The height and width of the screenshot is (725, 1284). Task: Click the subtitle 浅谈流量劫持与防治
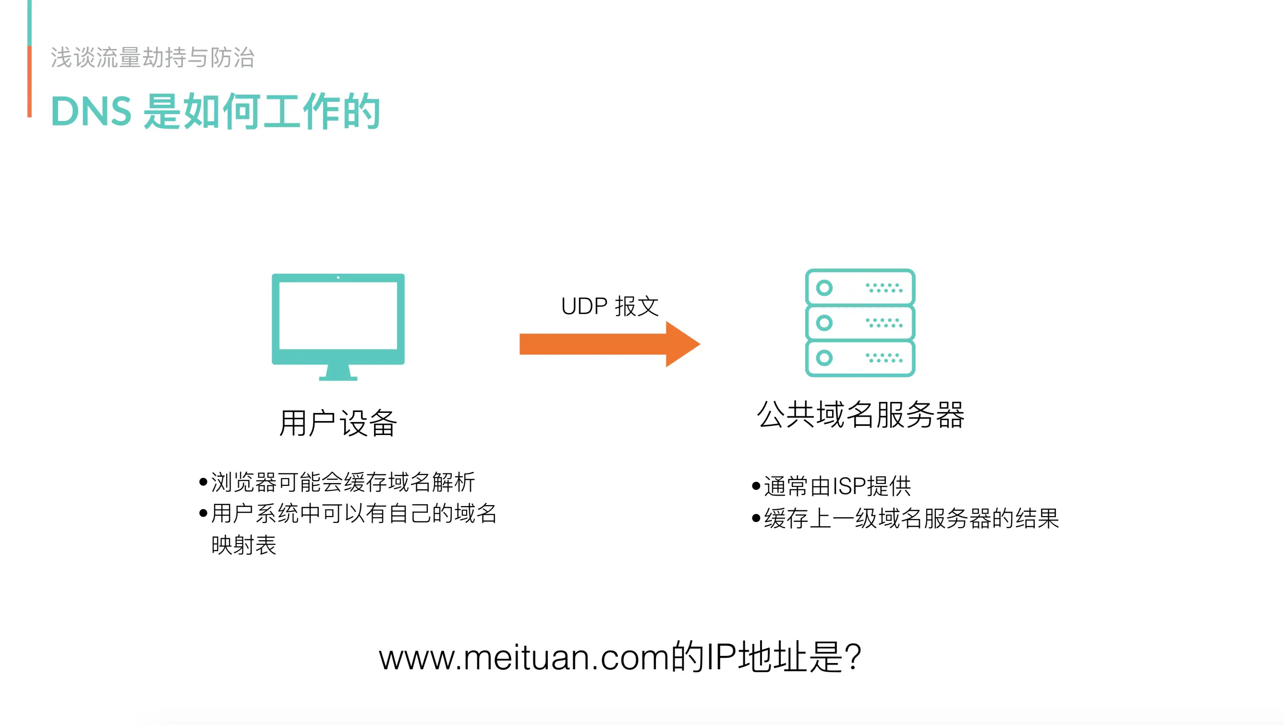coord(153,57)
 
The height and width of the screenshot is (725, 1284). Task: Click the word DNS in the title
coord(91,111)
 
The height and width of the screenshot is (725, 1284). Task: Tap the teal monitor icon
coord(338,319)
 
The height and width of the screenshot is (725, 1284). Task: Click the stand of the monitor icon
coord(338,373)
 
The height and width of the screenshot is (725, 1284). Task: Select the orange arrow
coord(608,344)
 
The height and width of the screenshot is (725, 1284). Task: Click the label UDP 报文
coord(610,306)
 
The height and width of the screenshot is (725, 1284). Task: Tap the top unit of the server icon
coord(860,288)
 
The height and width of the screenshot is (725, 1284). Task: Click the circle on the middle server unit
coord(824,323)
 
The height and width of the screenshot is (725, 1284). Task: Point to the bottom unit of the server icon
coord(860,358)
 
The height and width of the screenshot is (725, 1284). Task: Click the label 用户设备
coord(338,423)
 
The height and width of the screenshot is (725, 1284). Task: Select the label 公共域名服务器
coord(860,414)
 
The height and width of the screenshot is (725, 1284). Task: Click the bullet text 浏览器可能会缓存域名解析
coord(343,482)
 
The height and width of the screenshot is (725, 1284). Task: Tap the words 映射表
coord(244,544)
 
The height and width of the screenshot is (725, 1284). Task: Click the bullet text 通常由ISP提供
coord(837,486)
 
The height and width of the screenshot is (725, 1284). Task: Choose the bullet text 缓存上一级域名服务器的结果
coord(911,518)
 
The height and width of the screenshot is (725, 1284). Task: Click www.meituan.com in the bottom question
coord(523,658)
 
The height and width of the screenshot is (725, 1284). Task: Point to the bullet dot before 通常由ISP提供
coord(756,486)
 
